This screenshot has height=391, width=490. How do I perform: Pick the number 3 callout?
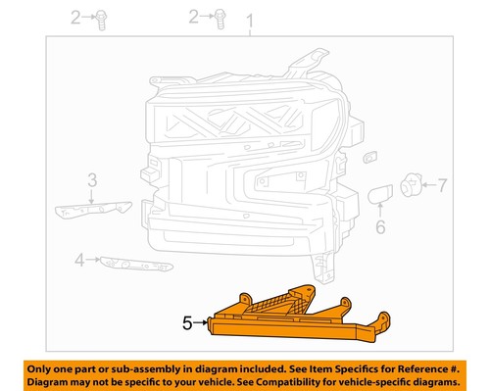click(91, 179)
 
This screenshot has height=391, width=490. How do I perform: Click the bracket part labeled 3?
click(94, 209)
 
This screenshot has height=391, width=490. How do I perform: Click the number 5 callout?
click(187, 320)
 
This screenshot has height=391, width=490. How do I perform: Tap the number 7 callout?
click(442, 183)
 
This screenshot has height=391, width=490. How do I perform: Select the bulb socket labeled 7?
click(413, 184)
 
